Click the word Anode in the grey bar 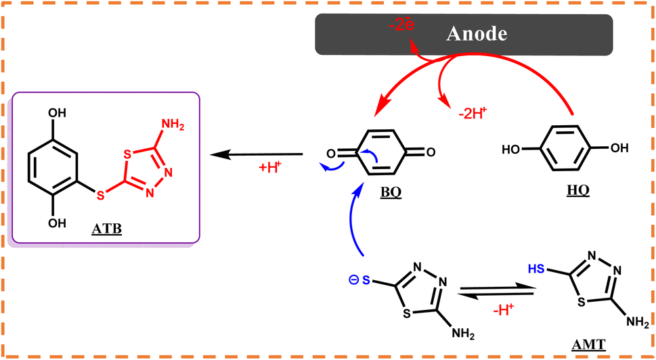pos(477,34)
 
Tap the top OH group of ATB pos(56,112)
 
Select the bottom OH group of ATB pos(56,223)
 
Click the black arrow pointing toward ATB pos(256,155)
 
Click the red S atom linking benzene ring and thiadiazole pos(100,195)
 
